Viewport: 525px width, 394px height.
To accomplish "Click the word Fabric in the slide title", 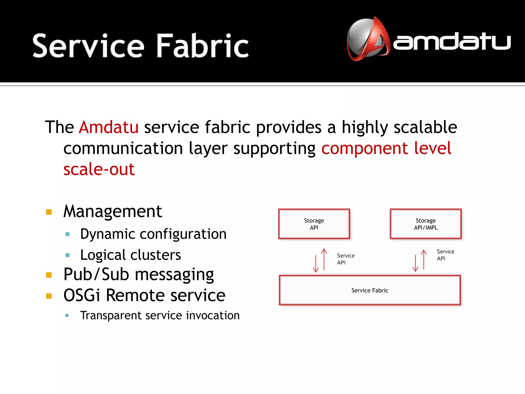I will point(203,46).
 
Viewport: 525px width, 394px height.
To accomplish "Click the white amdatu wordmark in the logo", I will point(452,42).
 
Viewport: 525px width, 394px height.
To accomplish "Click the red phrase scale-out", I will point(99,169).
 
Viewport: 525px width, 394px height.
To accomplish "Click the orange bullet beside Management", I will point(49,212).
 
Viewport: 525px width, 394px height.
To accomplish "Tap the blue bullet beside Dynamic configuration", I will point(68,234).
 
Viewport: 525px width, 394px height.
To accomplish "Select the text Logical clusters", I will point(130,255).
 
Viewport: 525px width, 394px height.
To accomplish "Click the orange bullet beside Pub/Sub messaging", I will point(49,275).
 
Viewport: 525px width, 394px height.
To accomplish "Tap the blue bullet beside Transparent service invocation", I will point(67,316).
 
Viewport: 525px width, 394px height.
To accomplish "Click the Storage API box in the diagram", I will point(314,224).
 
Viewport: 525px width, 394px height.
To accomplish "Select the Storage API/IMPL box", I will point(426,224).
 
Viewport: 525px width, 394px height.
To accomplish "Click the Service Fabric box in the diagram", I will point(370,290).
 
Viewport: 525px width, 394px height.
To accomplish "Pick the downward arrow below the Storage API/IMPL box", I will point(415,263).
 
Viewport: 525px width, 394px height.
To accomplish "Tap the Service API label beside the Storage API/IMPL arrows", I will point(445,255).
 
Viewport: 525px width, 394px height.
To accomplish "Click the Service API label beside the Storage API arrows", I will point(346,259).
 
